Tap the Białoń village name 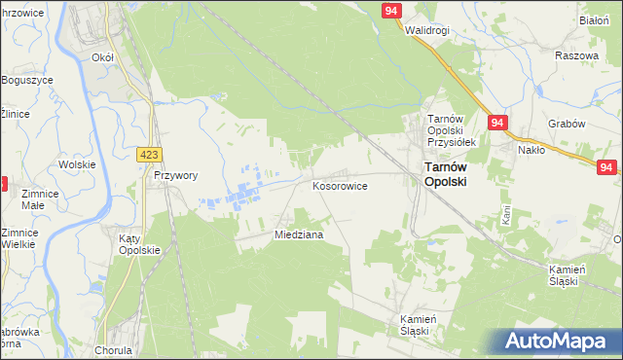(594, 19)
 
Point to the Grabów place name (566, 124)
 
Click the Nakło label (531, 150)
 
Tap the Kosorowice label (339, 185)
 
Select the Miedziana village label (299, 234)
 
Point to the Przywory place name (176, 176)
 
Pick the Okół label (102, 57)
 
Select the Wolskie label (76, 164)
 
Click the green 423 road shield (149, 155)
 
